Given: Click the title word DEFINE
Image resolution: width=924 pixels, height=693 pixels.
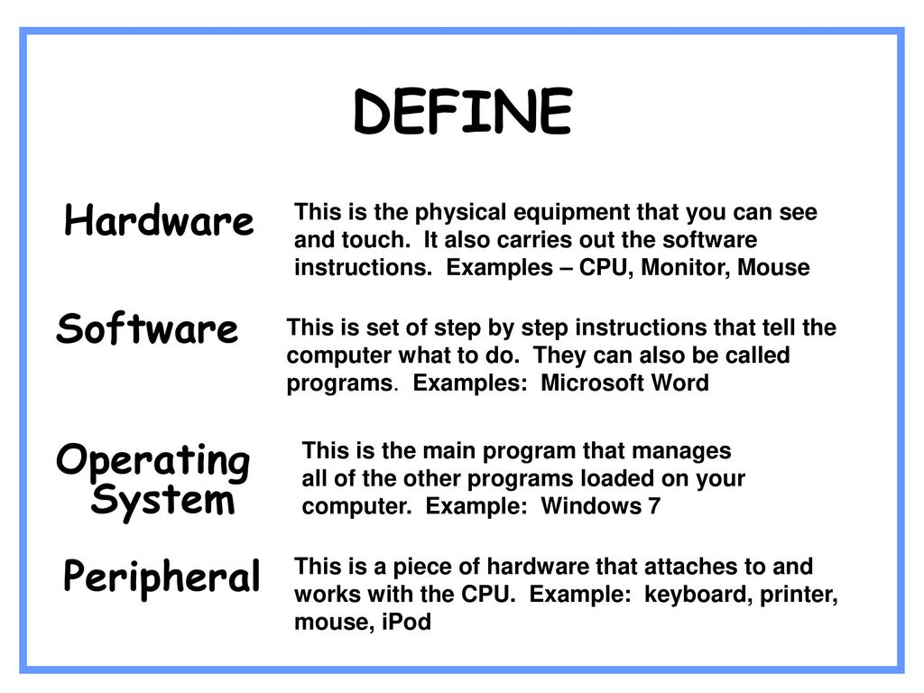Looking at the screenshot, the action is (x=463, y=111).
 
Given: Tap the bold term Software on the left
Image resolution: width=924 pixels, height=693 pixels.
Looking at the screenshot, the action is (x=147, y=328).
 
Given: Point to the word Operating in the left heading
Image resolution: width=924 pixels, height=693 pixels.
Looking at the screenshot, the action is (x=153, y=461).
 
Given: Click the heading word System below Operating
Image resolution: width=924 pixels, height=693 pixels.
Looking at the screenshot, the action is (x=163, y=502).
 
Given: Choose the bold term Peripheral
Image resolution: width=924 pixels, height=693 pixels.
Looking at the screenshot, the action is (x=162, y=576).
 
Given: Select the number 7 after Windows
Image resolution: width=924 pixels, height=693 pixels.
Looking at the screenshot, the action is (x=654, y=506).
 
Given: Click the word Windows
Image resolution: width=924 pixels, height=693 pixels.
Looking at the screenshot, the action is (x=591, y=506).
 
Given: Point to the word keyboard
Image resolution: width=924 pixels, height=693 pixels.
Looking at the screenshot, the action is (x=698, y=595).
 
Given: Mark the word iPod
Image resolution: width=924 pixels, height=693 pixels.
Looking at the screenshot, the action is (x=407, y=622).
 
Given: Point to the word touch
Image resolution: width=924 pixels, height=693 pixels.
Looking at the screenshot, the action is (x=373, y=240).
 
